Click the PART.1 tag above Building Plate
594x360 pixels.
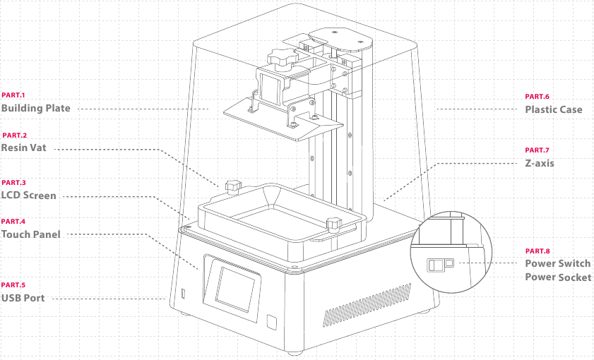13,95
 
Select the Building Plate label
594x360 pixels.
36,108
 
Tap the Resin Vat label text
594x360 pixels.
23,148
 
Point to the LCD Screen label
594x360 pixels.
29,196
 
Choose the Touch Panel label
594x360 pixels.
30,234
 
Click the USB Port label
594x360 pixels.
23,298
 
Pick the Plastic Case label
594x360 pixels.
554,110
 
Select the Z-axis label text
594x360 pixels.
540,163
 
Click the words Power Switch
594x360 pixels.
558,263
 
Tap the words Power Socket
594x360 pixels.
558,277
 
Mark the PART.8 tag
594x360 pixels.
537,251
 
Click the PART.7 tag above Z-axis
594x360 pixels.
537,150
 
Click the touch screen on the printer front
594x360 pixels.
236,289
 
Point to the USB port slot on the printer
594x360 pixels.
184,294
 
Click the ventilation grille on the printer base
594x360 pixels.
367,305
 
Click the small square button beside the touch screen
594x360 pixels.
272,322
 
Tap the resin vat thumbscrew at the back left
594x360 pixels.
233,186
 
